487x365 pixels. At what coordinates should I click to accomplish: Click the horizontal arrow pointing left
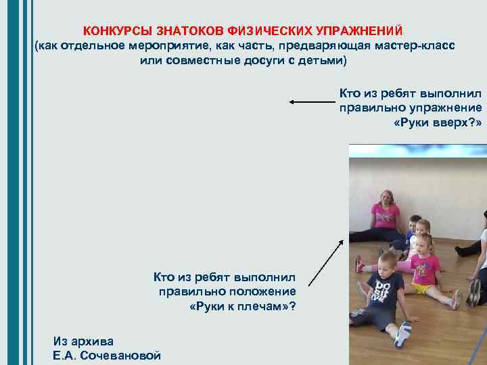[x=312, y=103]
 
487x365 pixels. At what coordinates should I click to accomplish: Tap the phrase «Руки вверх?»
[x=437, y=123]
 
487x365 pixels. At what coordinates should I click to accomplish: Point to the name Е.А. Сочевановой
[x=107, y=355]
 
